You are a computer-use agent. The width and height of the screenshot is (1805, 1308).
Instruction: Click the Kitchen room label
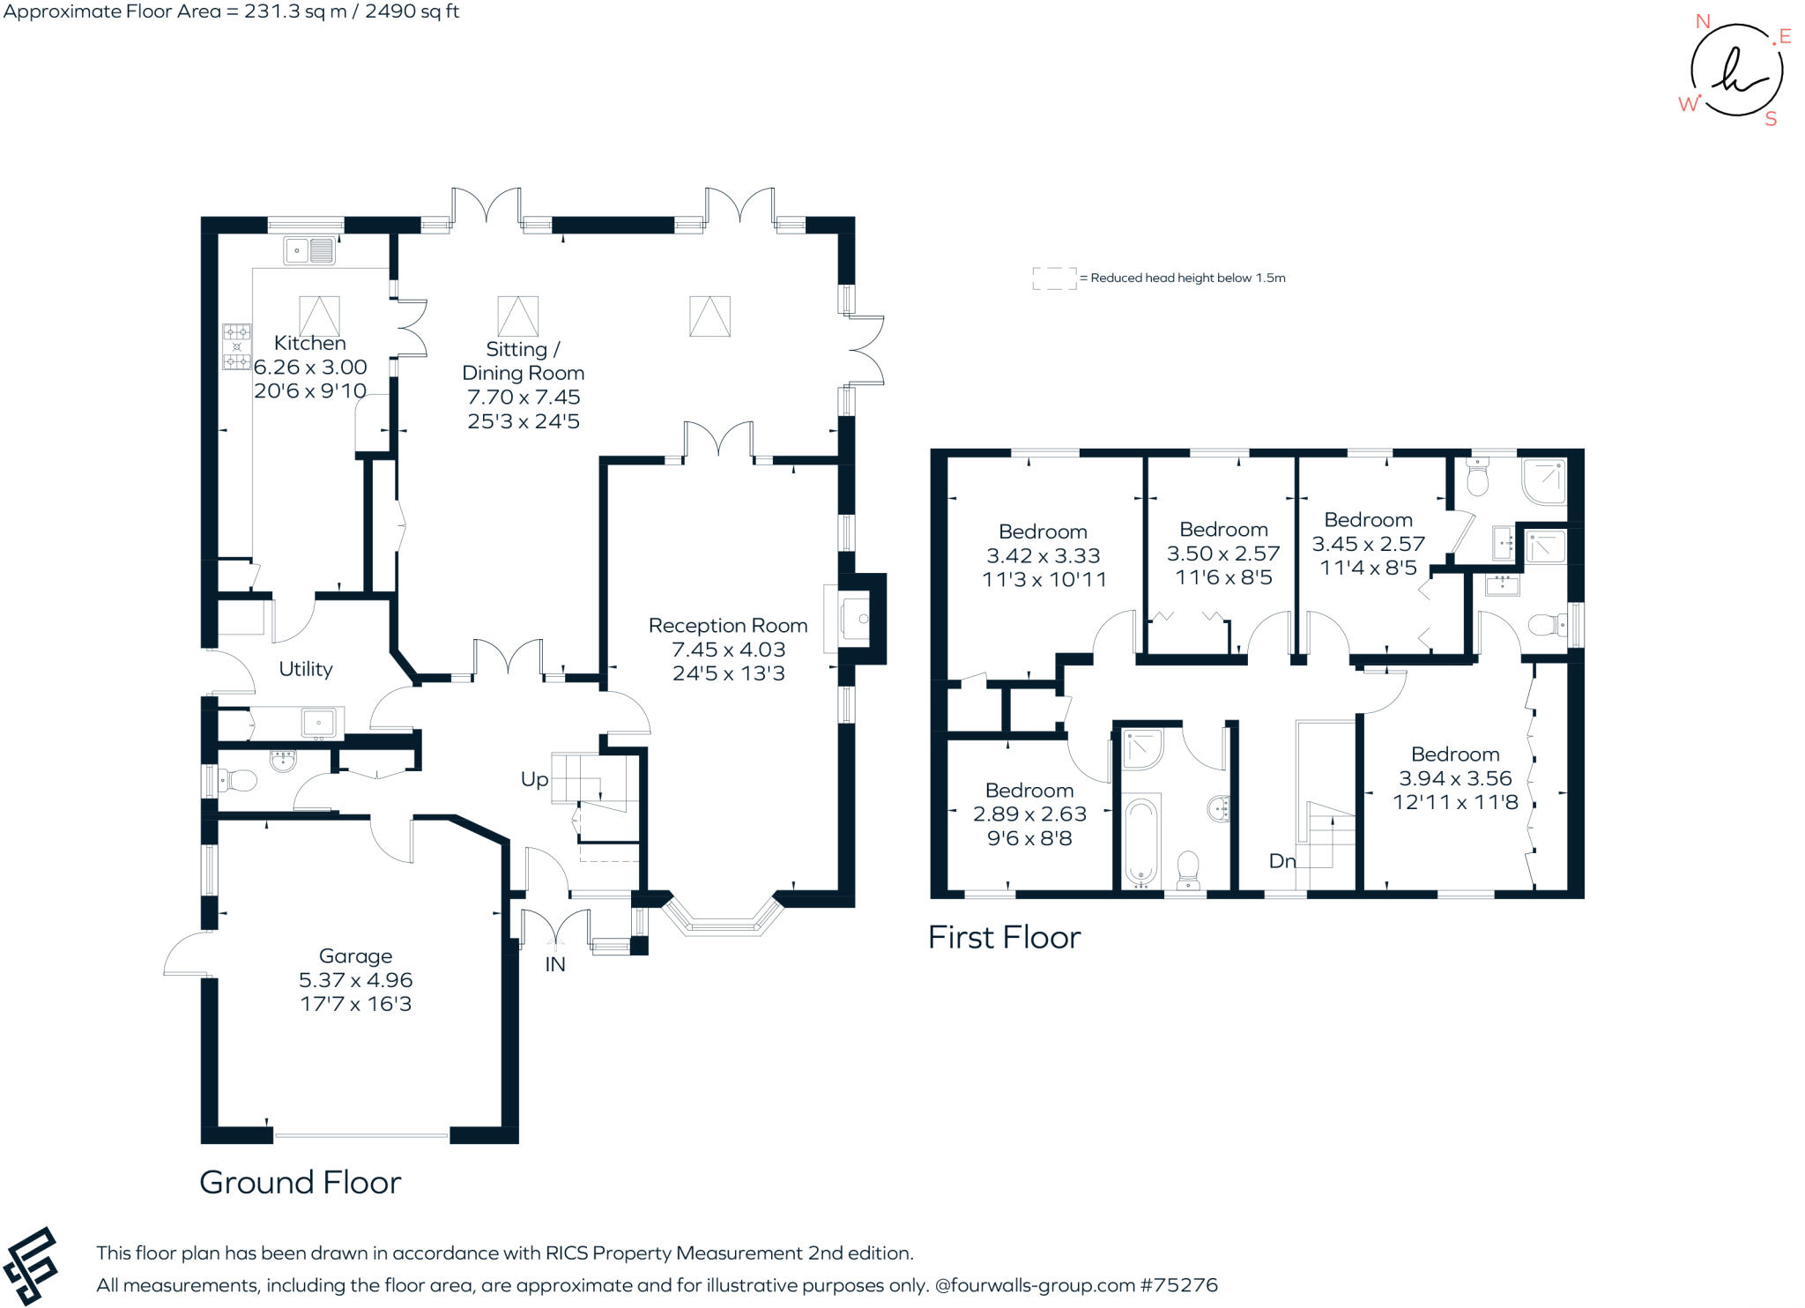coord(309,343)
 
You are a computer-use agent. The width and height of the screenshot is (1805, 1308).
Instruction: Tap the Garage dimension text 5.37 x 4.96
coord(355,979)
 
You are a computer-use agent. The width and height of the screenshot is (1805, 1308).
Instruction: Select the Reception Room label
coord(727,625)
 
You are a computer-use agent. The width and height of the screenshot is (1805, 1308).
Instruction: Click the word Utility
coord(305,669)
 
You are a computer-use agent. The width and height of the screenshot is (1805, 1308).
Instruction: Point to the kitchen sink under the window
coord(309,250)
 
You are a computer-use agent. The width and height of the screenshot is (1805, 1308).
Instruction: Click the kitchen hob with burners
coord(236,346)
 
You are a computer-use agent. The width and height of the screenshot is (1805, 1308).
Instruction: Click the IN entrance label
coord(554,964)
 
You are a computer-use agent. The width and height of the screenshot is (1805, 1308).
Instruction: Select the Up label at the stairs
coord(534,779)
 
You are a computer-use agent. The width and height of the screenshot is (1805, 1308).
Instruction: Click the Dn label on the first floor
coord(1281,861)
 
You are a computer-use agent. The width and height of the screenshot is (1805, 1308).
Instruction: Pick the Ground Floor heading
coord(300,1182)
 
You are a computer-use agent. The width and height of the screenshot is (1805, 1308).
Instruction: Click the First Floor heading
coord(1004,937)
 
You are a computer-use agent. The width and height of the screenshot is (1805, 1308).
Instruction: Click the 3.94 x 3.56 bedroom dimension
coord(1455,778)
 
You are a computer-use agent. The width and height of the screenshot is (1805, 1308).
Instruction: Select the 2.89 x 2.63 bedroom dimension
coord(1029,814)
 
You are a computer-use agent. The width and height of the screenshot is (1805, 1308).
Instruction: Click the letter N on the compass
coord(1703,22)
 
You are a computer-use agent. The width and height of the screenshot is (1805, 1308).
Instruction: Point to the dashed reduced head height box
coord(1054,278)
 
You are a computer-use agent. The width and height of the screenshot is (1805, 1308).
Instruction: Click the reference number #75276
coord(1178,1285)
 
